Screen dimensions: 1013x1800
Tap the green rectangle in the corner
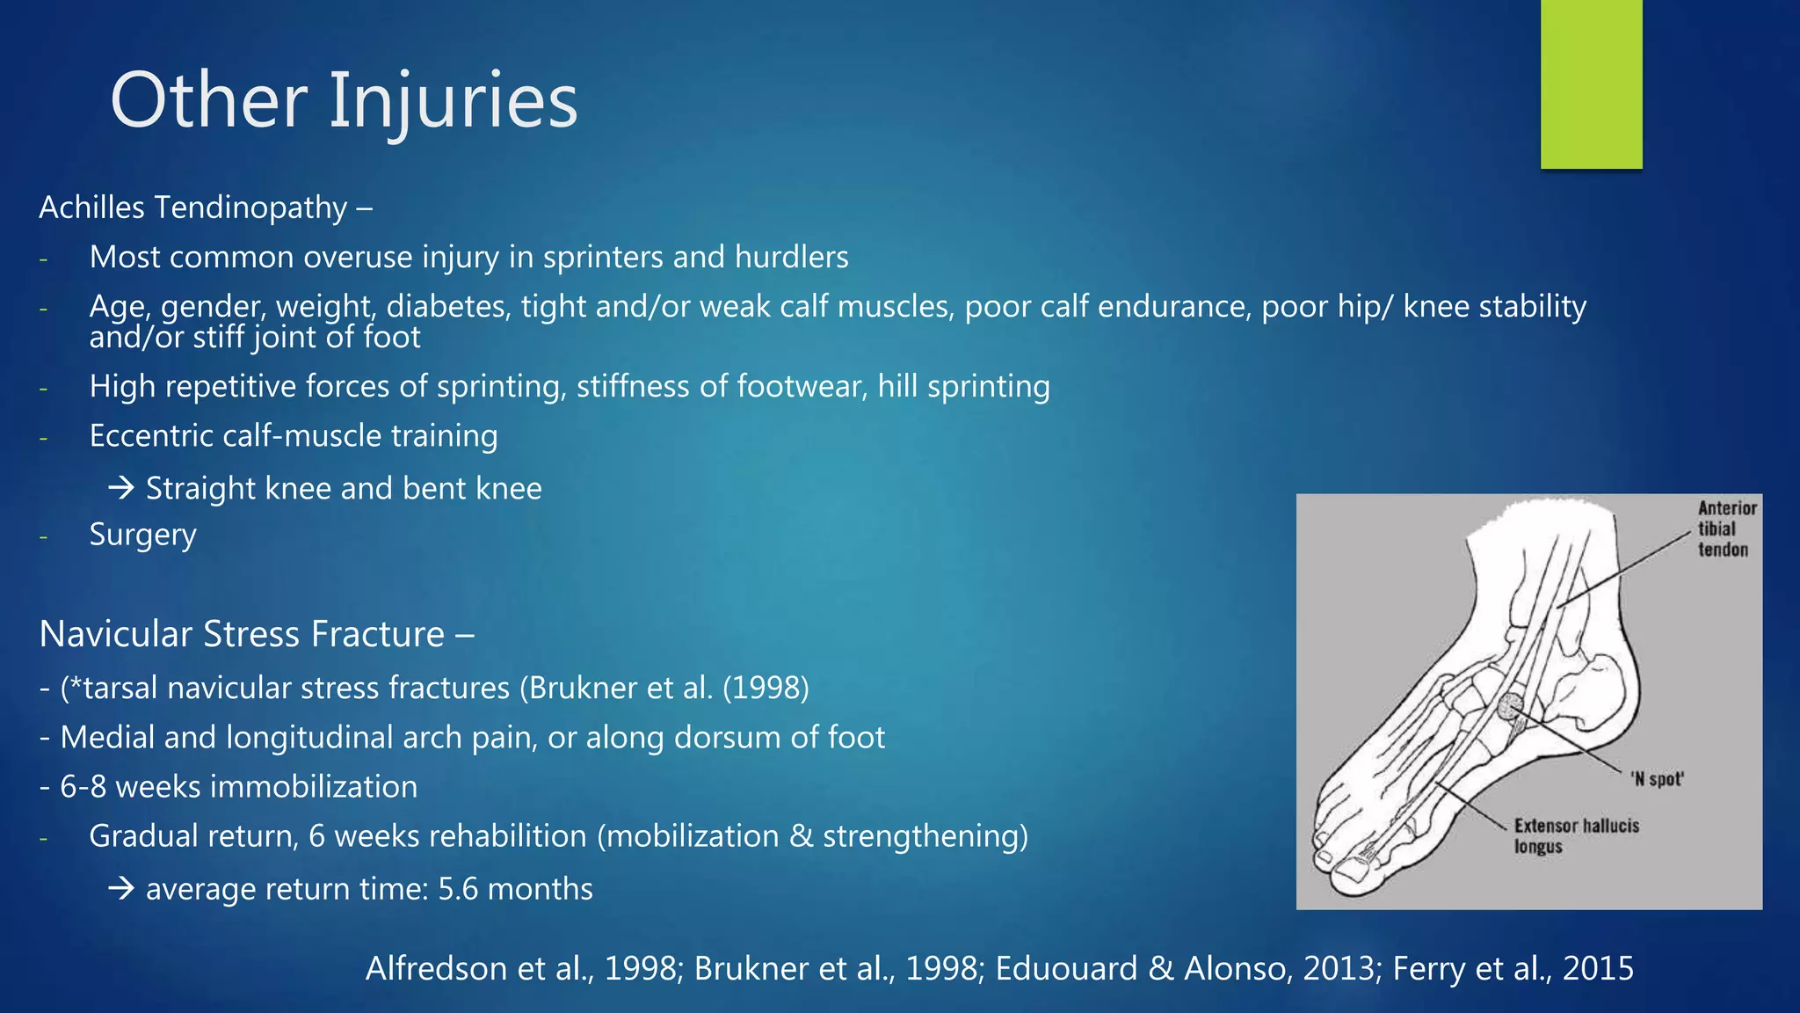click(x=1591, y=84)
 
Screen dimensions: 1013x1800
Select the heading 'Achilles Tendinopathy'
click(x=193, y=208)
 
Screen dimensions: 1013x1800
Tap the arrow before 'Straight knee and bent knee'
click(x=121, y=488)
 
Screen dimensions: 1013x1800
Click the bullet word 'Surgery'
click(x=142, y=535)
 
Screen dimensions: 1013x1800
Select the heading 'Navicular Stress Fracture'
click(x=243, y=634)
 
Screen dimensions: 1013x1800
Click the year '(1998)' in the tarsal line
click(x=765, y=688)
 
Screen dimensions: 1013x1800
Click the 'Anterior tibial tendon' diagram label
click(x=1725, y=528)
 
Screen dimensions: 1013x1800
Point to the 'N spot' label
click(x=1657, y=779)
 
